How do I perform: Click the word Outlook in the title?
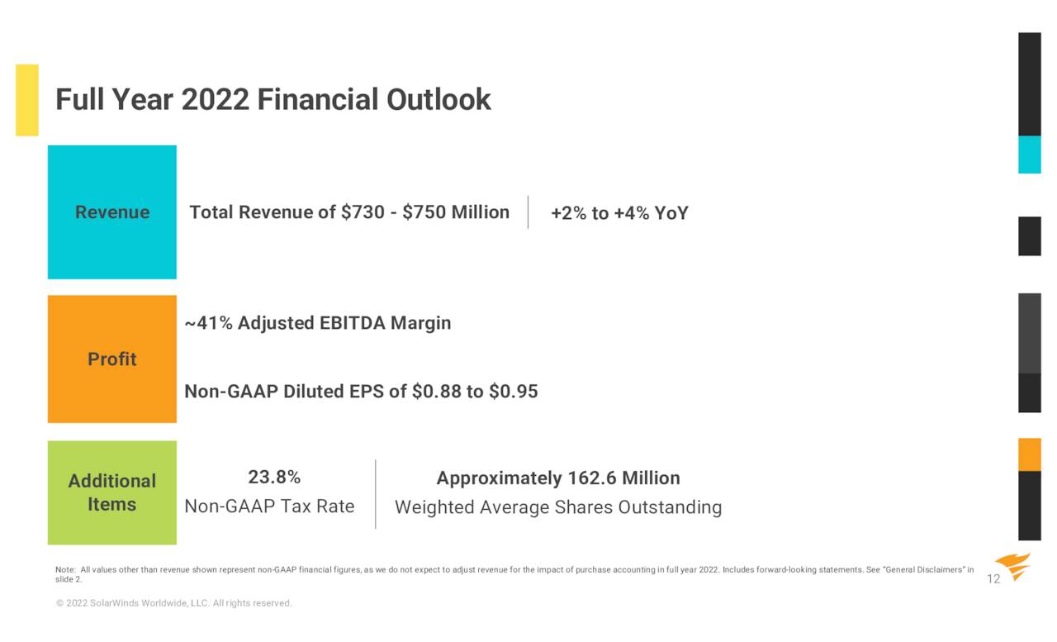[x=438, y=100]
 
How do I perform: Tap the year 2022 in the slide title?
[x=216, y=100]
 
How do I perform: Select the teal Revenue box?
[x=112, y=212]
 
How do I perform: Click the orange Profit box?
[x=112, y=359]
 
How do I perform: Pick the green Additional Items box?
[x=112, y=492]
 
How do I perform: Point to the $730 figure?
[x=363, y=212]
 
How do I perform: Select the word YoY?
[x=671, y=213]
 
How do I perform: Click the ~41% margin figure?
[x=209, y=323]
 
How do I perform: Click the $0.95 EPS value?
[x=514, y=392]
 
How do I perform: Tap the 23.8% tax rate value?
[x=274, y=478]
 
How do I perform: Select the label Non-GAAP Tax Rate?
[x=269, y=506]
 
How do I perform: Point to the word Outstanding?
[x=670, y=507]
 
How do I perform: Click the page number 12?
[x=993, y=579]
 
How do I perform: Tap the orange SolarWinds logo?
[x=1013, y=566]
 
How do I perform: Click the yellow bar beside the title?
[x=27, y=100]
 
